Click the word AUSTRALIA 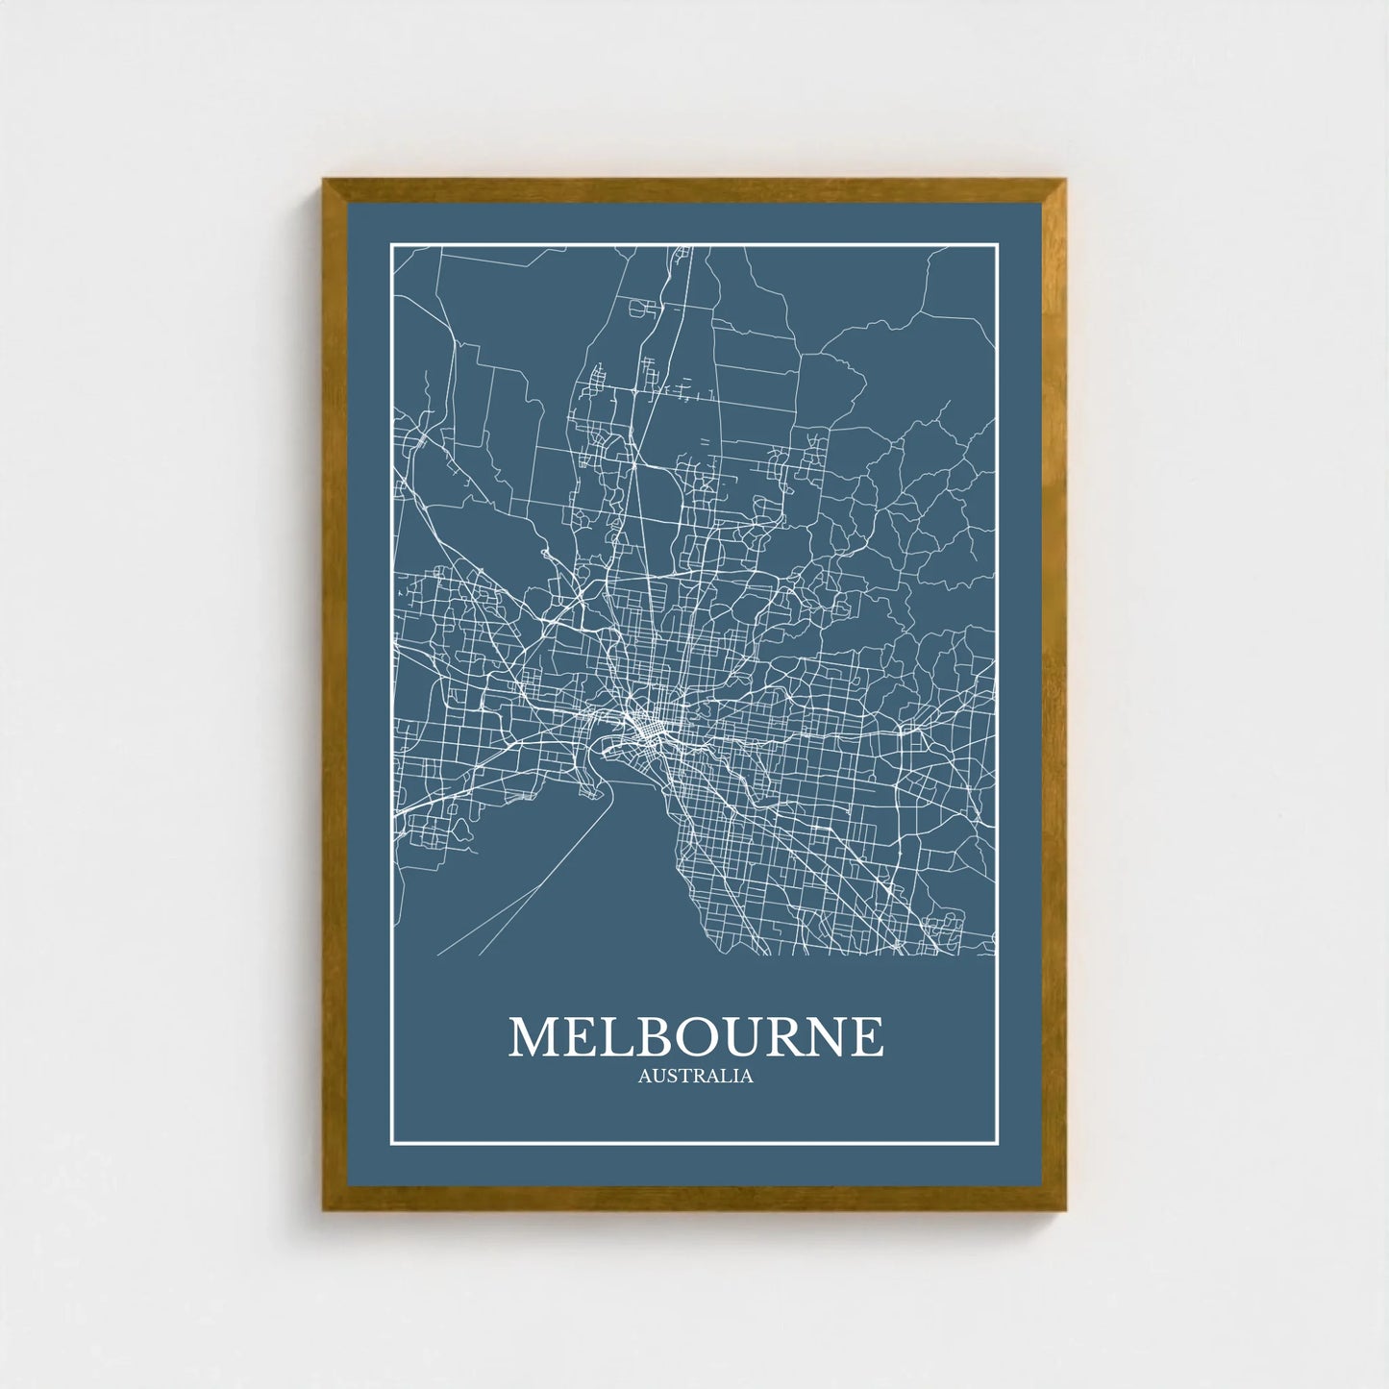pos(695,1077)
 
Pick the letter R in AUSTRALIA pos(696,1077)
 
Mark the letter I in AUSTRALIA pos(735,1077)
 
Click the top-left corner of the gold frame pos(324,180)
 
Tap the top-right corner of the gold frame pos(1065,180)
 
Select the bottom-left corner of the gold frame pos(324,1209)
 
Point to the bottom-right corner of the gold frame pos(1065,1209)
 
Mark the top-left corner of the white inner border pos(391,245)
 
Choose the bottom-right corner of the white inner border pos(999,1145)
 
